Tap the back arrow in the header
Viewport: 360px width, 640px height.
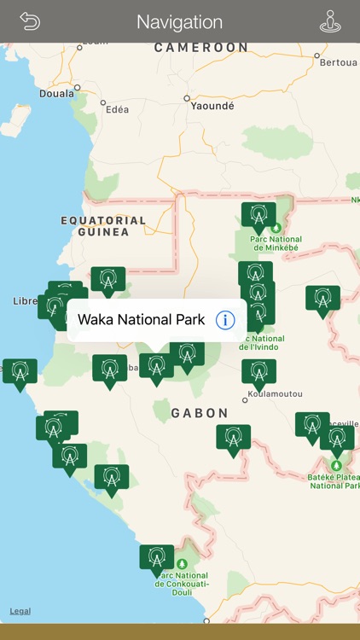click(30, 21)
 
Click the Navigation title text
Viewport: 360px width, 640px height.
click(179, 22)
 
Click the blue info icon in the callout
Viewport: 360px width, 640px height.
click(225, 320)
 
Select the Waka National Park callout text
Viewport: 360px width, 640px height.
click(141, 320)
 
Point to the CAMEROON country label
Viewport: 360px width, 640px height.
click(201, 48)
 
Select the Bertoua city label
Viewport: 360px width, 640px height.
click(339, 62)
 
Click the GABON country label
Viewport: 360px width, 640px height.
click(200, 413)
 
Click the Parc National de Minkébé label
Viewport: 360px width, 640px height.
click(276, 244)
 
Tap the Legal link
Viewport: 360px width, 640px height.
click(20, 611)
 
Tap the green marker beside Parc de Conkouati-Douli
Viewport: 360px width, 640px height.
click(156, 558)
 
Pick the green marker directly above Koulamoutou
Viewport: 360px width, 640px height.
click(258, 373)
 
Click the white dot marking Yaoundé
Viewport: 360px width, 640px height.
click(187, 99)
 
